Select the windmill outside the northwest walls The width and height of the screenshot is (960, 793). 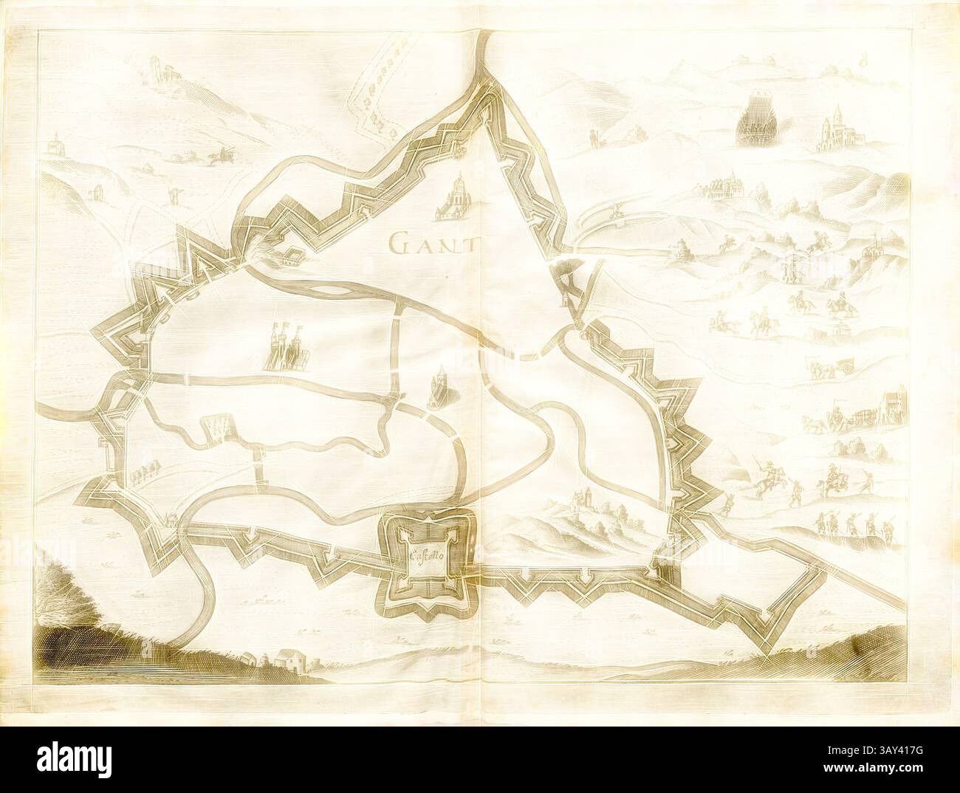(175, 195)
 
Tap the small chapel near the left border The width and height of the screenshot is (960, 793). (55, 144)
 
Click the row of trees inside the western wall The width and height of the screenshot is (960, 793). (143, 473)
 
